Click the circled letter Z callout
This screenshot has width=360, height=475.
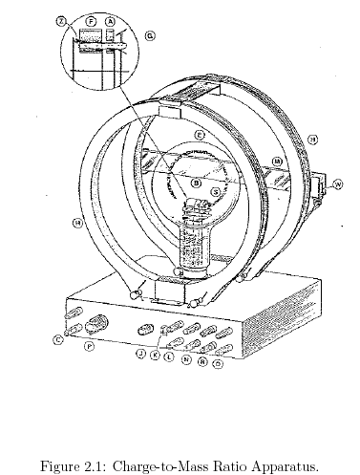[x=61, y=19]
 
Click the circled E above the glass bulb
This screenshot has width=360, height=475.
[x=200, y=137]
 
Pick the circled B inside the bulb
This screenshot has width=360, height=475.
[x=196, y=182]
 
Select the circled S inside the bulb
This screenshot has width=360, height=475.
[x=216, y=192]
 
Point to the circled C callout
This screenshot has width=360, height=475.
[x=58, y=339]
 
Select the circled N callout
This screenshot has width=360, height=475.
[x=185, y=359]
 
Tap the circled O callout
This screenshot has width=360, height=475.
[x=218, y=363]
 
